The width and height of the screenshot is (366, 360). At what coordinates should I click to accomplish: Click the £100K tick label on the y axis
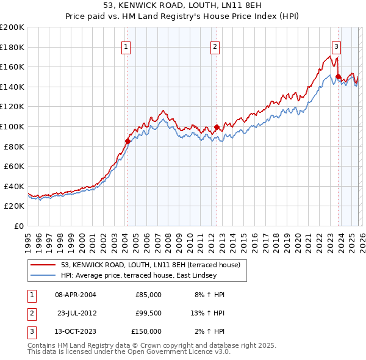click(12, 126)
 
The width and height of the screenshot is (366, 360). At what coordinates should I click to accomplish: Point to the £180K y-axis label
click(12, 47)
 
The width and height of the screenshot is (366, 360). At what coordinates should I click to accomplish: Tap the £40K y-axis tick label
click(13, 186)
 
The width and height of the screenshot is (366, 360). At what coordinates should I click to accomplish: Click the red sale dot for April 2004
click(127, 142)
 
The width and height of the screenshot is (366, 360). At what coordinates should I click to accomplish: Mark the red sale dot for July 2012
click(217, 127)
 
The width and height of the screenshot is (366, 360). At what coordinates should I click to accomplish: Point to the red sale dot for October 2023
click(338, 77)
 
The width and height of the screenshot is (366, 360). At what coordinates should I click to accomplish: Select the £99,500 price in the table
click(148, 313)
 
